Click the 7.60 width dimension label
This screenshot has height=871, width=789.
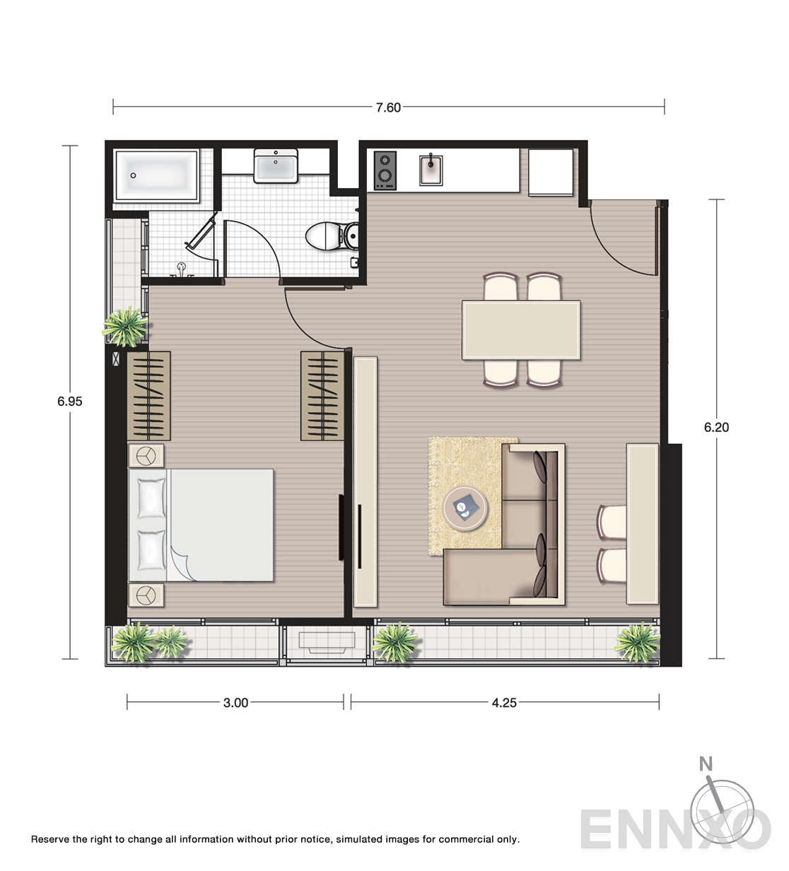click(x=388, y=107)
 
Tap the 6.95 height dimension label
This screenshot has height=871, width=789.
click(x=70, y=401)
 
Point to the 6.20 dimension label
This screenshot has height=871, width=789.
click(x=716, y=427)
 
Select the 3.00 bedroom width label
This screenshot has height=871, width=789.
click(x=236, y=703)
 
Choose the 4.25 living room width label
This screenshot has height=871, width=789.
click(x=504, y=703)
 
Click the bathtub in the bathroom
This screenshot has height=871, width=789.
click(x=156, y=175)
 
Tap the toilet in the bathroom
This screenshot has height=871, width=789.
click(x=332, y=236)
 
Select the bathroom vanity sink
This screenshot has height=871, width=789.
click(x=276, y=165)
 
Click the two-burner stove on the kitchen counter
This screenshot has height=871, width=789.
click(x=385, y=170)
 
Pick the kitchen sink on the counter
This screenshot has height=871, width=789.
click(x=431, y=170)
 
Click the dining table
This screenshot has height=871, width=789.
click(x=521, y=330)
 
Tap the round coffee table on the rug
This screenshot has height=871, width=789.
click(x=464, y=508)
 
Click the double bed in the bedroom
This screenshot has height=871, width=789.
click(x=201, y=525)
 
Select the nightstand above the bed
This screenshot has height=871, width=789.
click(x=146, y=456)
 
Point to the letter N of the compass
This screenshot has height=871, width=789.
click(x=706, y=764)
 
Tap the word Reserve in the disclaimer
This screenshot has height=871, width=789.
click(x=49, y=839)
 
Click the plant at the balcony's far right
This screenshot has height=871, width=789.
click(x=637, y=643)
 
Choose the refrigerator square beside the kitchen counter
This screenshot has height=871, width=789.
click(x=551, y=173)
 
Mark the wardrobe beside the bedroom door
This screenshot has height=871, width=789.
click(x=322, y=396)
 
